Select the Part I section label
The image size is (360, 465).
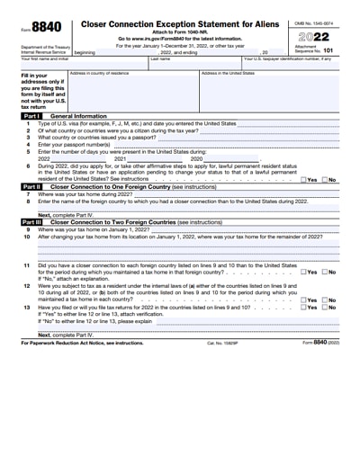click(x=31, y=117)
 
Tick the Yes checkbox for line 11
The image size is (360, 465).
click(x=303, y=272)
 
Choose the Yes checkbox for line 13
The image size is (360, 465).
click(x=303, y=308)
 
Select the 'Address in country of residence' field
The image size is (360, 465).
click(x=133, y=90)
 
